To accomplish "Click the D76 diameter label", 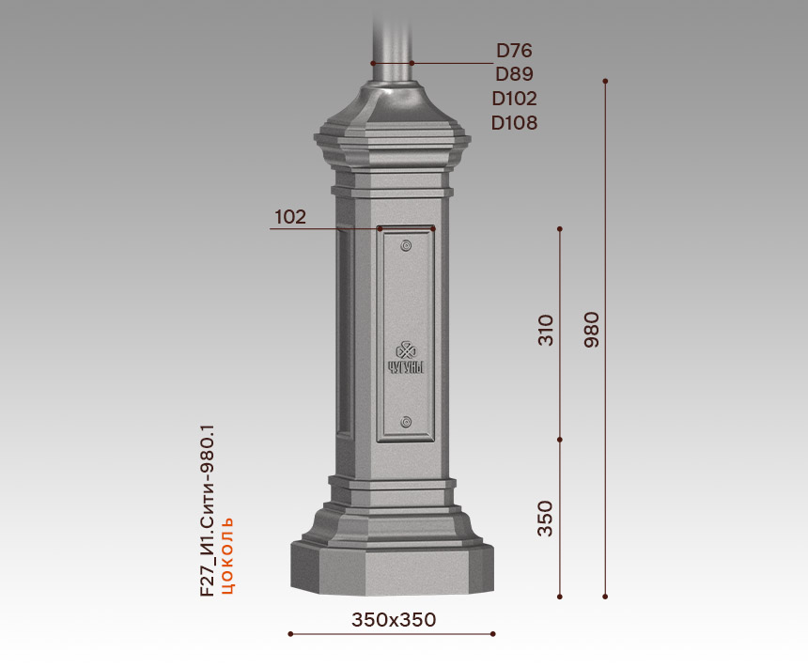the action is tap(514, 51).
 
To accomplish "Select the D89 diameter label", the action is tap(514, 74).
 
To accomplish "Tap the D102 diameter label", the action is tap(514, 99).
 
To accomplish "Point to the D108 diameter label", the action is tap(514, 123).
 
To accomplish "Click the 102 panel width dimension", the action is tap(290, 217).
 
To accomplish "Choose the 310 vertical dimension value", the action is tap(545, 330).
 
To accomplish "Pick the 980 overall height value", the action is tap(592, 330).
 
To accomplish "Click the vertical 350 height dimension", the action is tap(545, 519).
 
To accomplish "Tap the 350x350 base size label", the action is tap(394, 620).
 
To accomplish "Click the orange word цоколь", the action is tap(227, 555).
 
